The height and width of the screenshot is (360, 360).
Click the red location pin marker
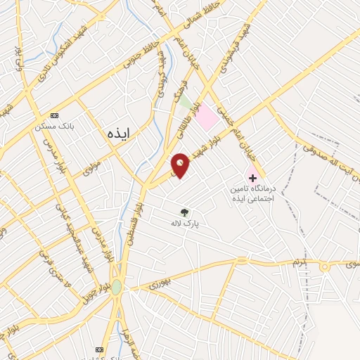[180, 166]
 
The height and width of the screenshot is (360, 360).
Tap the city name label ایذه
[121, 131]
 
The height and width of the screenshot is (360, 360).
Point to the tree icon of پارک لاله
[184, 211]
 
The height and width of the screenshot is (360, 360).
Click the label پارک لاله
[184, 223]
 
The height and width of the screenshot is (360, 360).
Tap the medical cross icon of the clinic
[252, 177]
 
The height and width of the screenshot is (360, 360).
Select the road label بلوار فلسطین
[134, 221]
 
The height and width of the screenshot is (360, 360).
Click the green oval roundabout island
[116, 288]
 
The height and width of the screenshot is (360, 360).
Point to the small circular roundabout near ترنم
[325, 267]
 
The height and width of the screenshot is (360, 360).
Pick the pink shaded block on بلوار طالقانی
[206, 117]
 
